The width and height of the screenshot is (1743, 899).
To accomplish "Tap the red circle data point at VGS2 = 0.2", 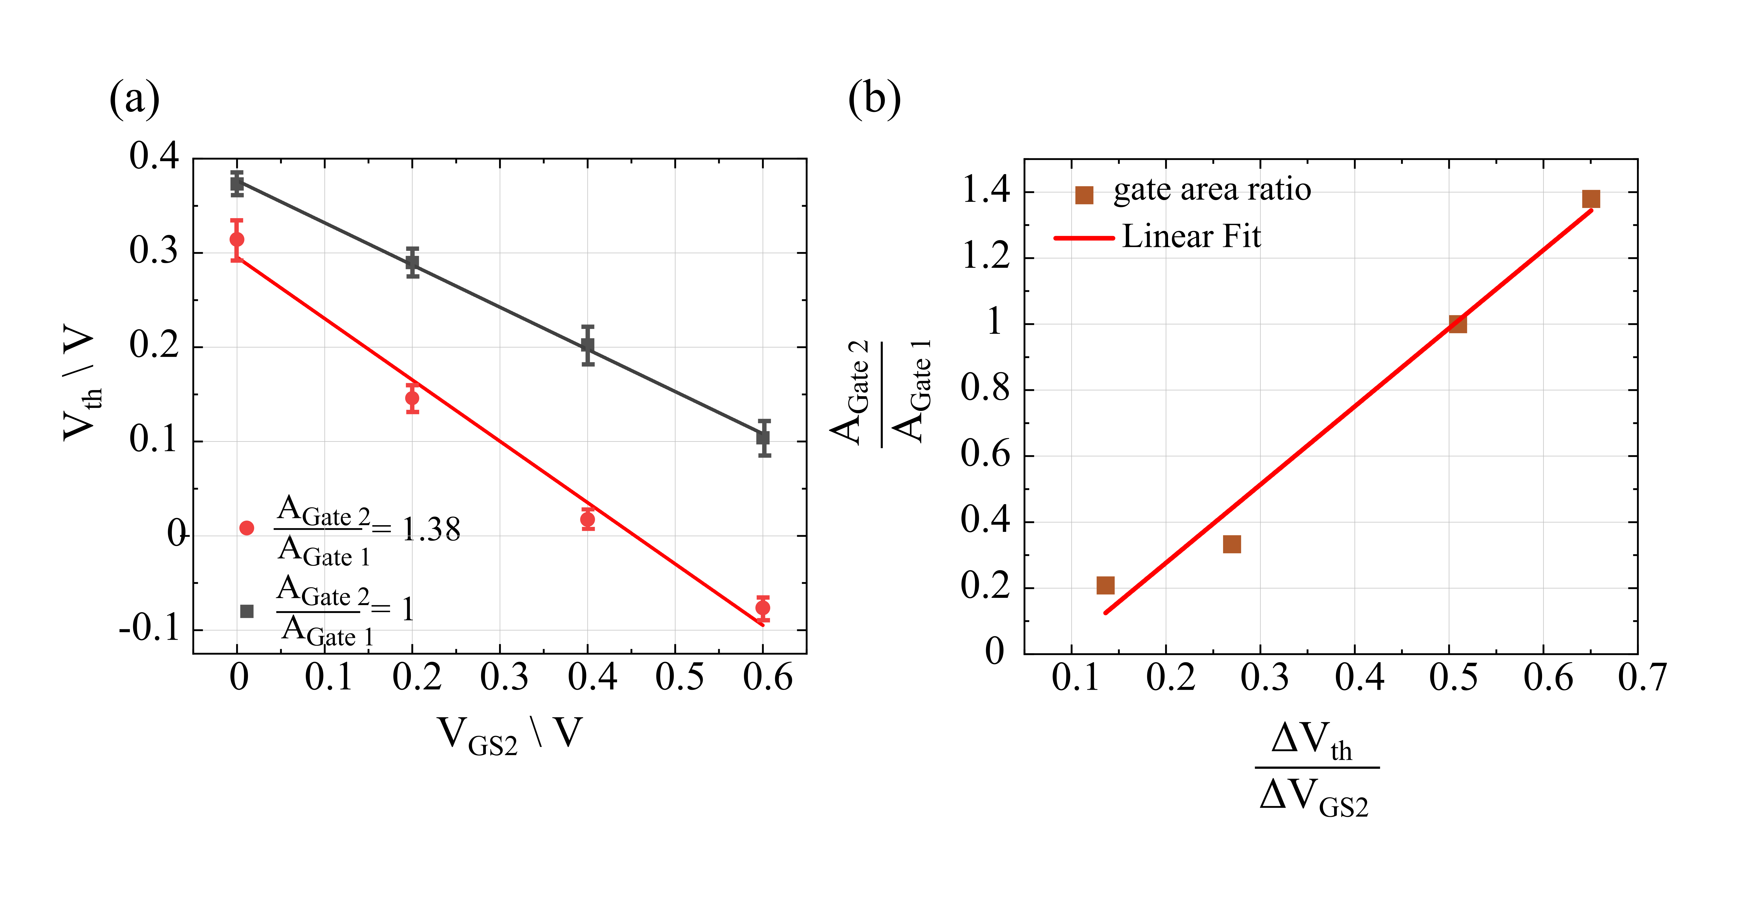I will [412, 398].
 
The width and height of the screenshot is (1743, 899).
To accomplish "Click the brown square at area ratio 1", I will [1458, 324].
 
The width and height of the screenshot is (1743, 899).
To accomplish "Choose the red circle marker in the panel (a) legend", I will [247, 528].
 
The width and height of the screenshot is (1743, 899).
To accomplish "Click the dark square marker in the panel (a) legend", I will [247, 611].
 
